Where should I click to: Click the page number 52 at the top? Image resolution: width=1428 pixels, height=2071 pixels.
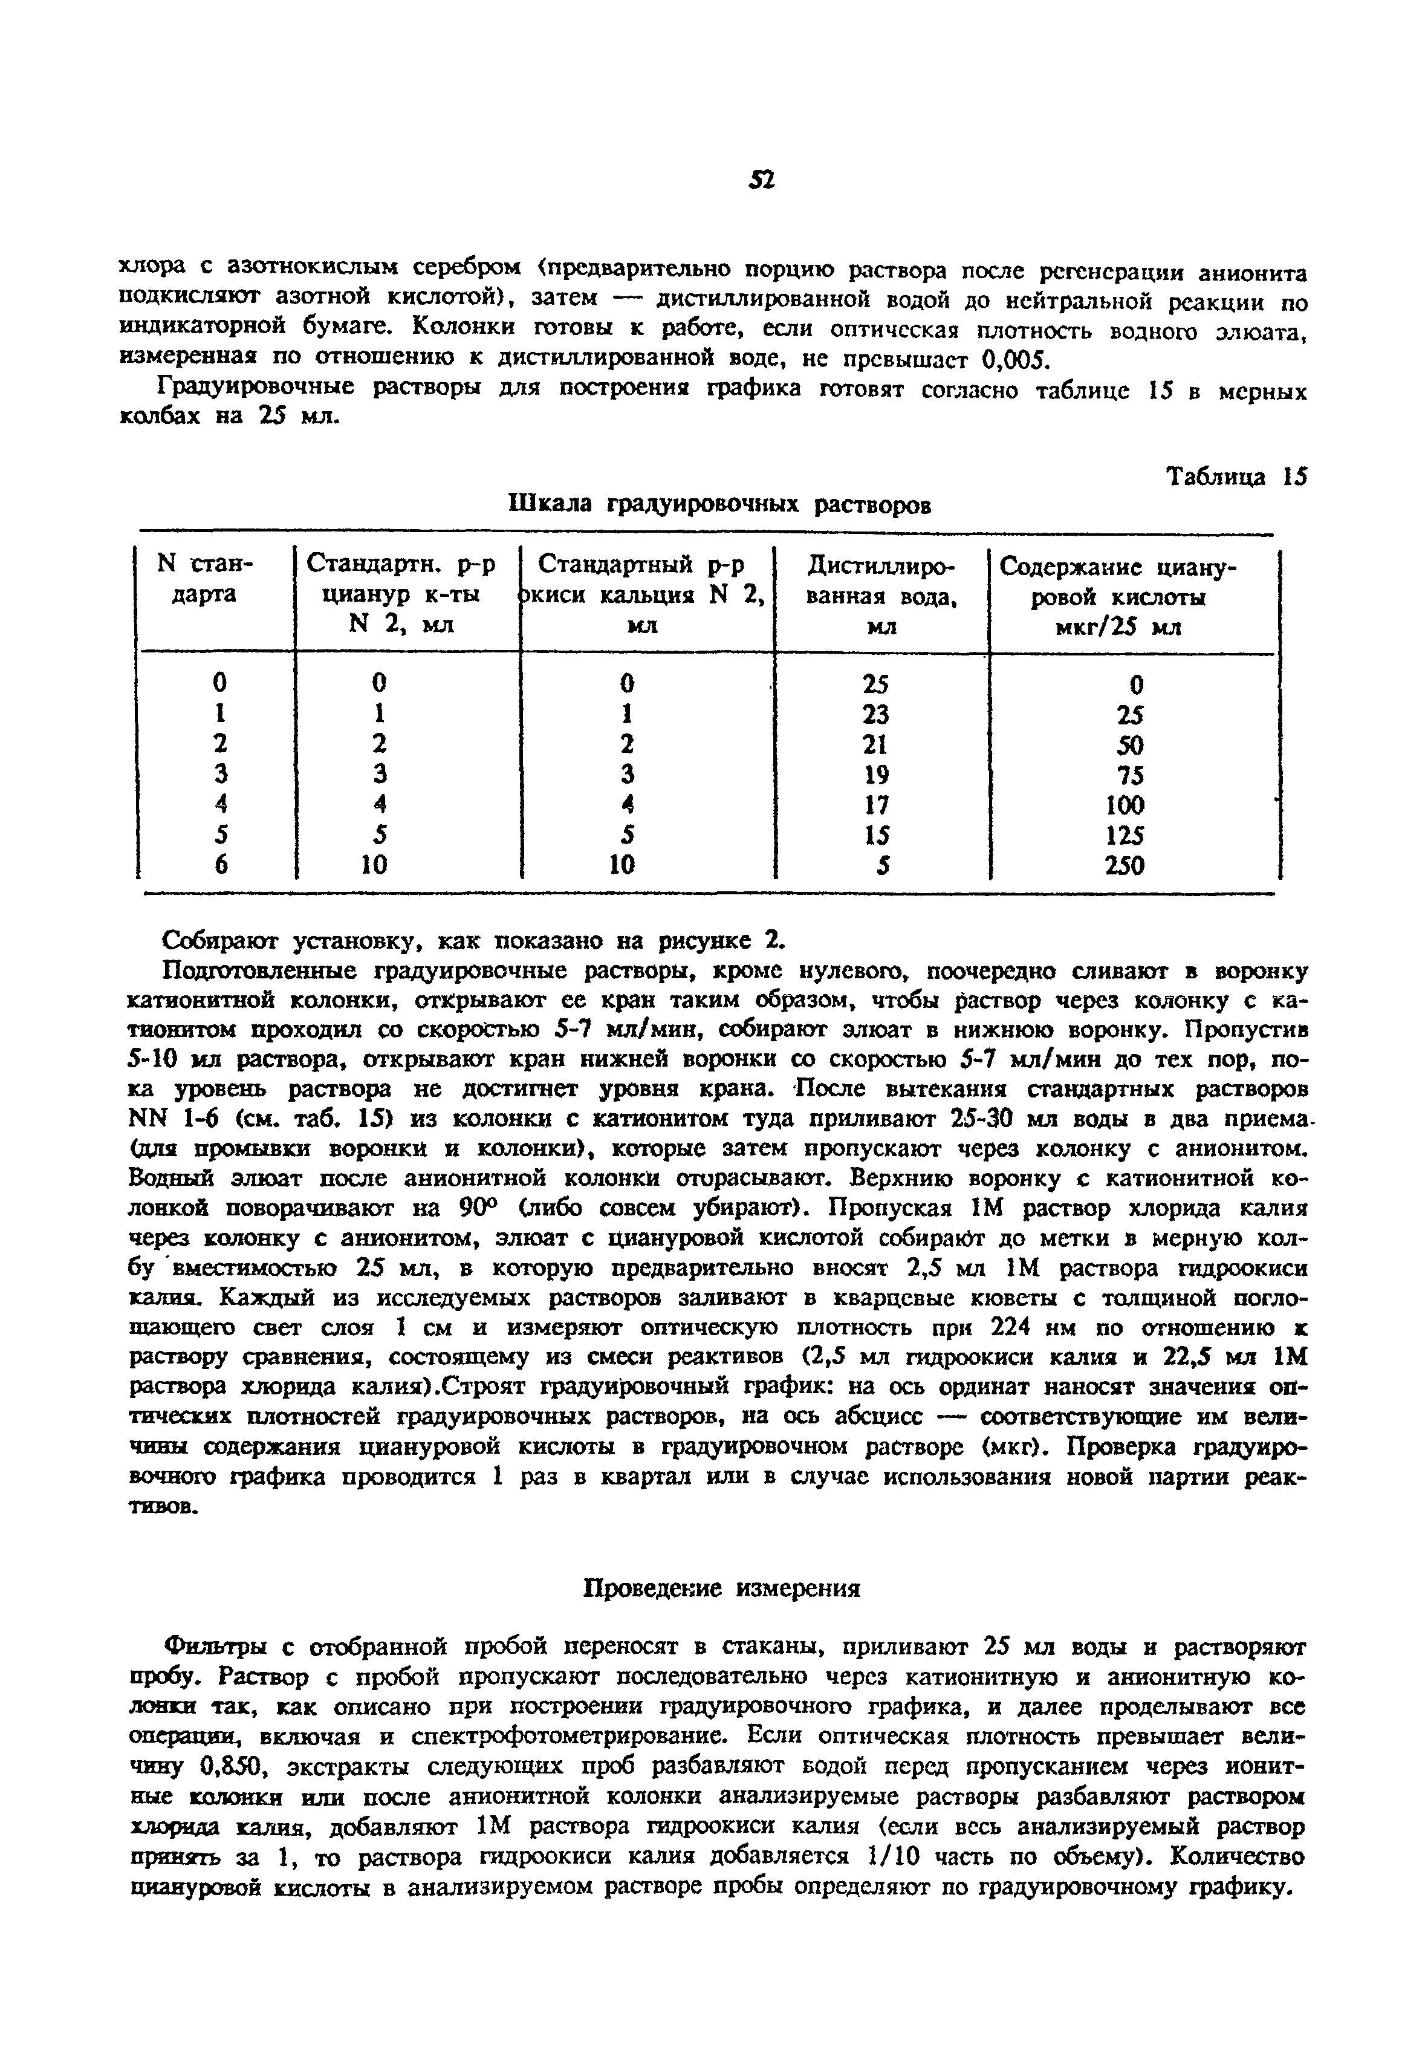pyautogui.click(x=761, y=180)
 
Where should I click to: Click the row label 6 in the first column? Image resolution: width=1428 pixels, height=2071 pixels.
pyautogui.click(x=220, y=865)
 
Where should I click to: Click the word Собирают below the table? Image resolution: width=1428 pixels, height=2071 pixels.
pyautogui.click(x=219, y=941)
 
